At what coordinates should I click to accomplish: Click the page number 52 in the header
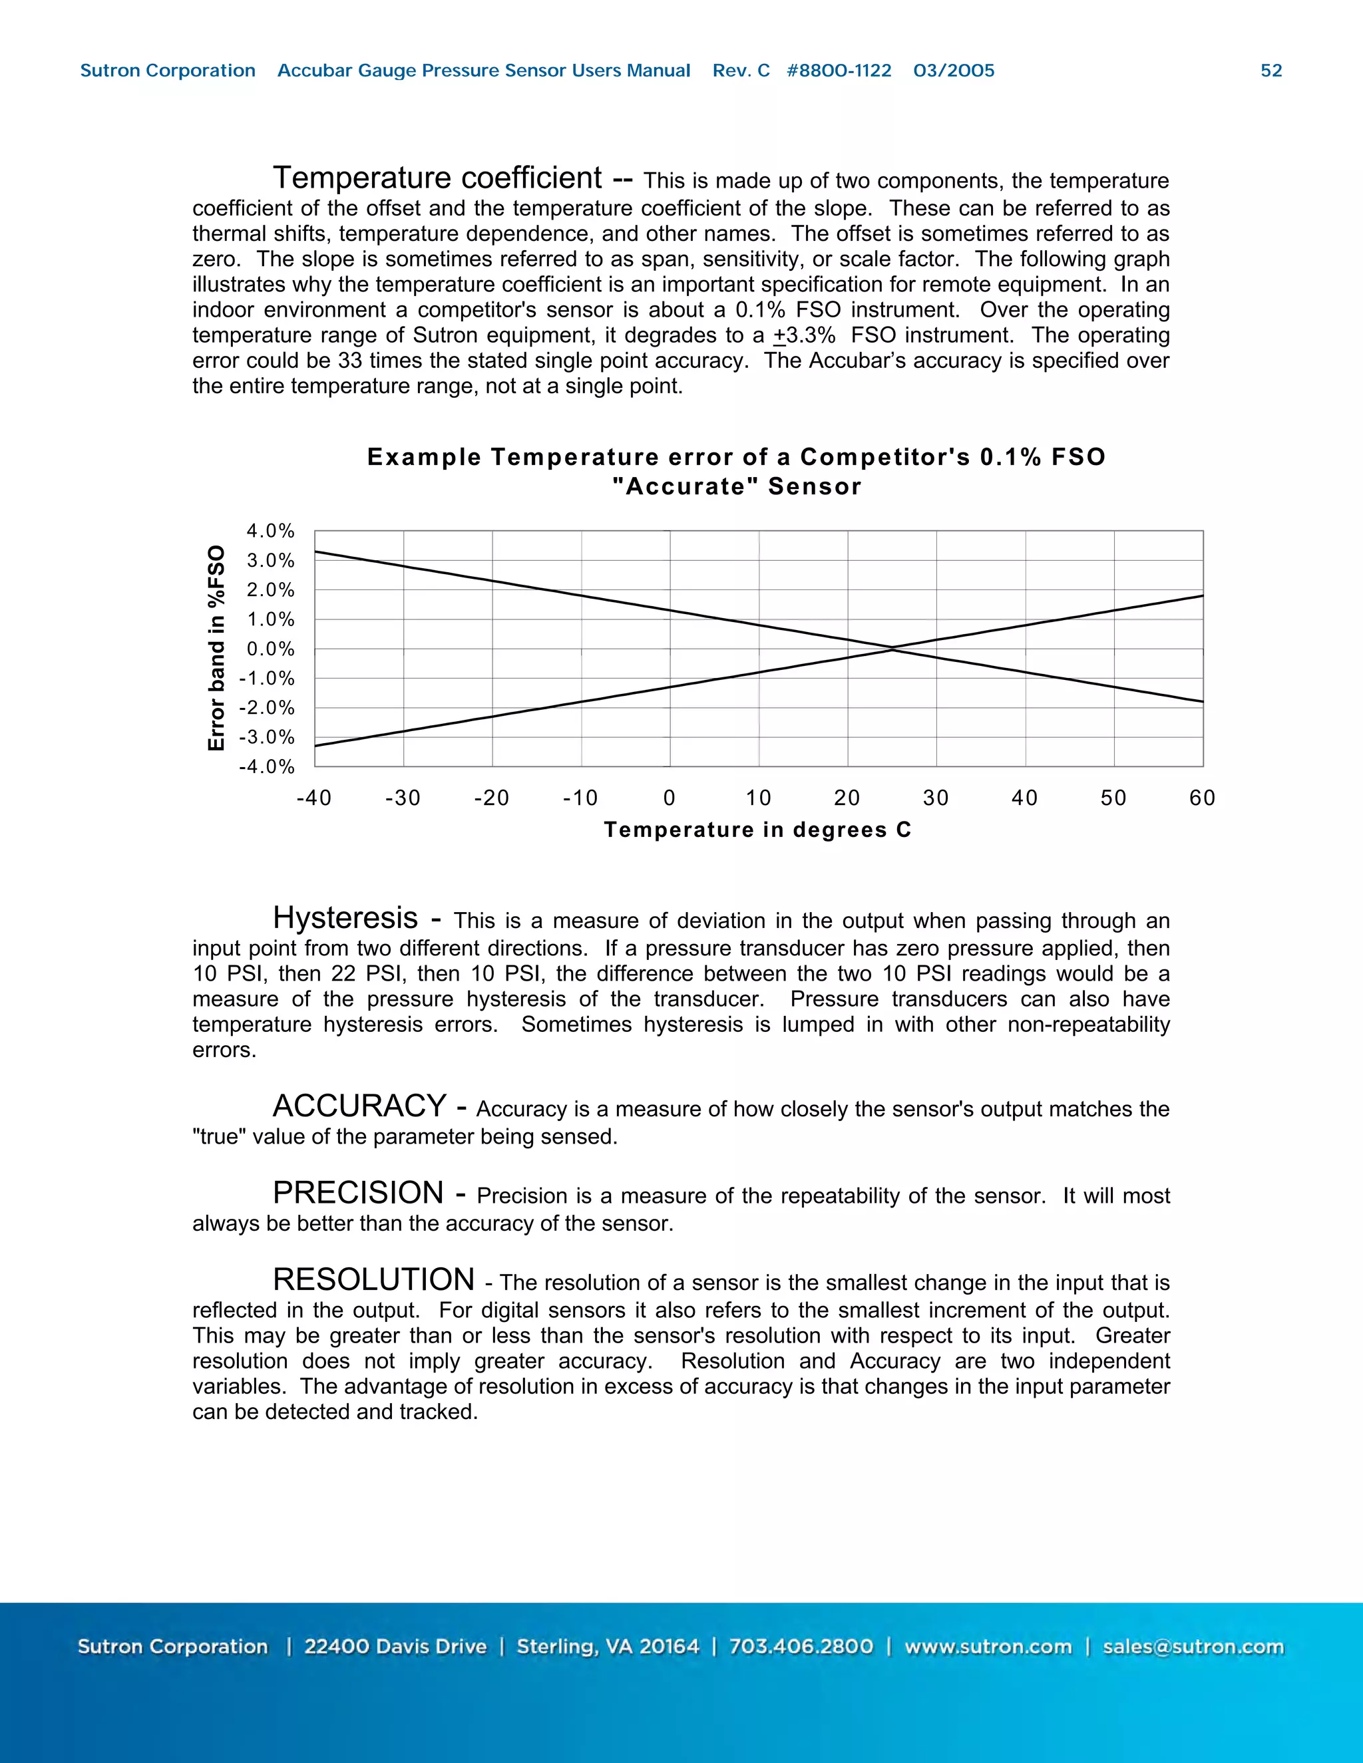[1271, 71]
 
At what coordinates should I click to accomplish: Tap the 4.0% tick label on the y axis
[270, 531]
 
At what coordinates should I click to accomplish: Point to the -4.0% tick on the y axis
[266, 767]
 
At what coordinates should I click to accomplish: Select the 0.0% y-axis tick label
[270, 649]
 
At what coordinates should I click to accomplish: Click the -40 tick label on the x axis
[314, 798]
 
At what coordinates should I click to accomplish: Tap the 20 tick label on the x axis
[847, 798]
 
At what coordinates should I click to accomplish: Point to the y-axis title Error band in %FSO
[216, 648]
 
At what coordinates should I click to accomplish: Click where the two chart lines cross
[892, 648]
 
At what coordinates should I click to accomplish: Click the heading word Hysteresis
[345, 918]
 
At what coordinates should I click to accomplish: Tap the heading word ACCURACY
[359, 1106]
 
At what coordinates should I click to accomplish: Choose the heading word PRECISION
[357, 1192]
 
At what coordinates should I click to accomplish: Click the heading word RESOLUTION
[373, 1279]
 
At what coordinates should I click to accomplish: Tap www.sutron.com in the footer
[988, 1647]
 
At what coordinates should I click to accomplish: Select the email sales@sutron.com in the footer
[1193, 1647]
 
